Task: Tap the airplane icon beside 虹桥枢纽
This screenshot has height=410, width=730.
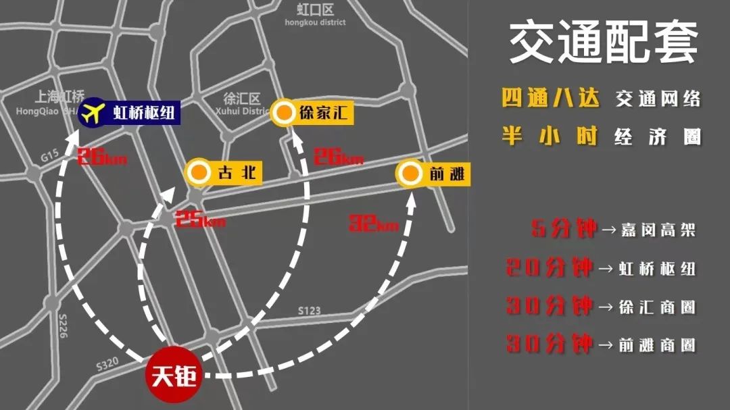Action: pos(93,111)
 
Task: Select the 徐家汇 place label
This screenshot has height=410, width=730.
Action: pos(323,113)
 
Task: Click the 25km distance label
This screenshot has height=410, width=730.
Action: pos(199,220)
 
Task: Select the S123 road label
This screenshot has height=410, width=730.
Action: pos(310,311)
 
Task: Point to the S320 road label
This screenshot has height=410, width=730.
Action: pos(107,364)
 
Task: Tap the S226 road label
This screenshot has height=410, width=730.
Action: pos(64,326)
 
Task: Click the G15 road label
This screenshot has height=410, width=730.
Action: pos(49,157)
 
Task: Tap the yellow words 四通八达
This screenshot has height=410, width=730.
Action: pos(550,99)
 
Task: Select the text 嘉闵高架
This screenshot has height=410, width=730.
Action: pos(656,230)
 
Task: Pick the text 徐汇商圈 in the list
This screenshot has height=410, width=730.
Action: pos(656,307)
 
